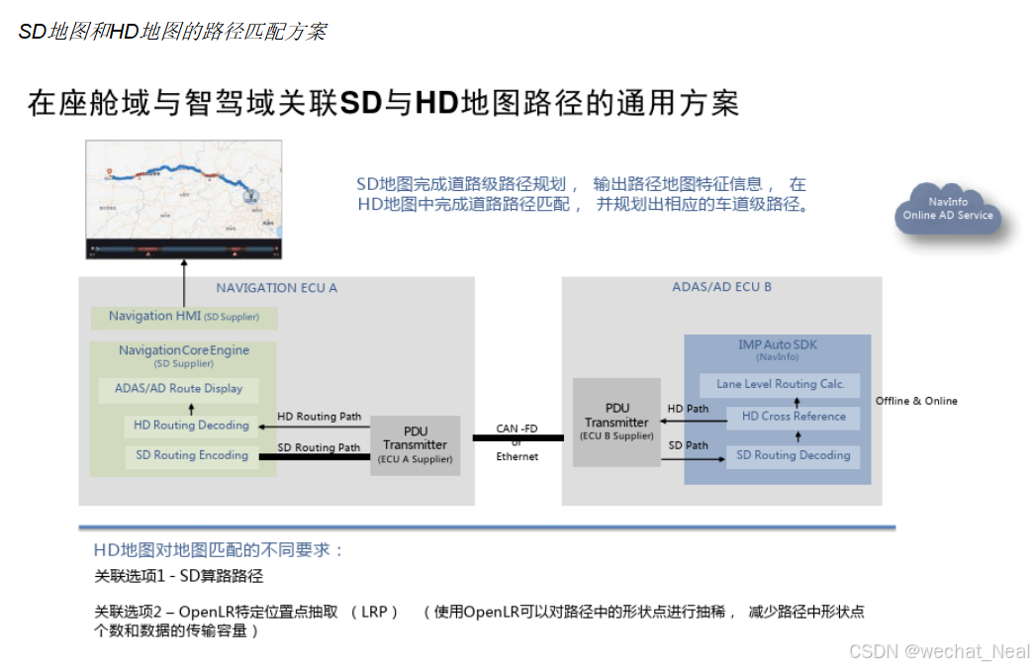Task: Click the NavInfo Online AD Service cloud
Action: point(947,210)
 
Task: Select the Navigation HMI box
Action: point(184,317)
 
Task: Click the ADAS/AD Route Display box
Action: point(178,389)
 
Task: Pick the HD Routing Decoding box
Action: point(191,426)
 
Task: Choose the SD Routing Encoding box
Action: point(191,455)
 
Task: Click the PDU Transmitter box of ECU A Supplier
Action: point(416,445)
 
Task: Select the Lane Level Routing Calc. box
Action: point(781,384)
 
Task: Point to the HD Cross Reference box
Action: point(794,417)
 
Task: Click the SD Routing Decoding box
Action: point(794,455)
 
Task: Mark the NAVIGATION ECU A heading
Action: point(277,288)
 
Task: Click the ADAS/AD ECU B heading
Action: point(721,287)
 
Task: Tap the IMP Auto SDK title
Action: point(778,344)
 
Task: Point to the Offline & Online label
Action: point(916,401)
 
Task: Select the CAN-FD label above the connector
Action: point(517,430)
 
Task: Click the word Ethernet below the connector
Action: point(517,456)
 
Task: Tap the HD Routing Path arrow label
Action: point(319,417)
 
